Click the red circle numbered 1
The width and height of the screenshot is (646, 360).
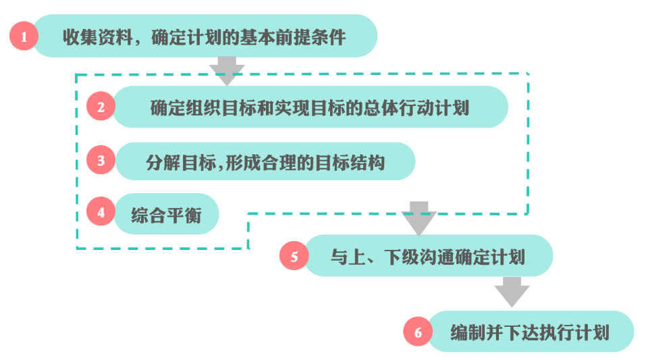click(25, 36)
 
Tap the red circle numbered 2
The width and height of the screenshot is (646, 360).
click(101, 107)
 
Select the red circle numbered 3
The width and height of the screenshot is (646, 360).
click(101, 161)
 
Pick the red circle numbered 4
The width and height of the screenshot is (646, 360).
click(101, 213)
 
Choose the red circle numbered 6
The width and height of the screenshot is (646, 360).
click(418, 332)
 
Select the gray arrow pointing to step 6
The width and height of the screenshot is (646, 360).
click(512, 292)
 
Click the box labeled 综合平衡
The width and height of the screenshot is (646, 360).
click(166, 213)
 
